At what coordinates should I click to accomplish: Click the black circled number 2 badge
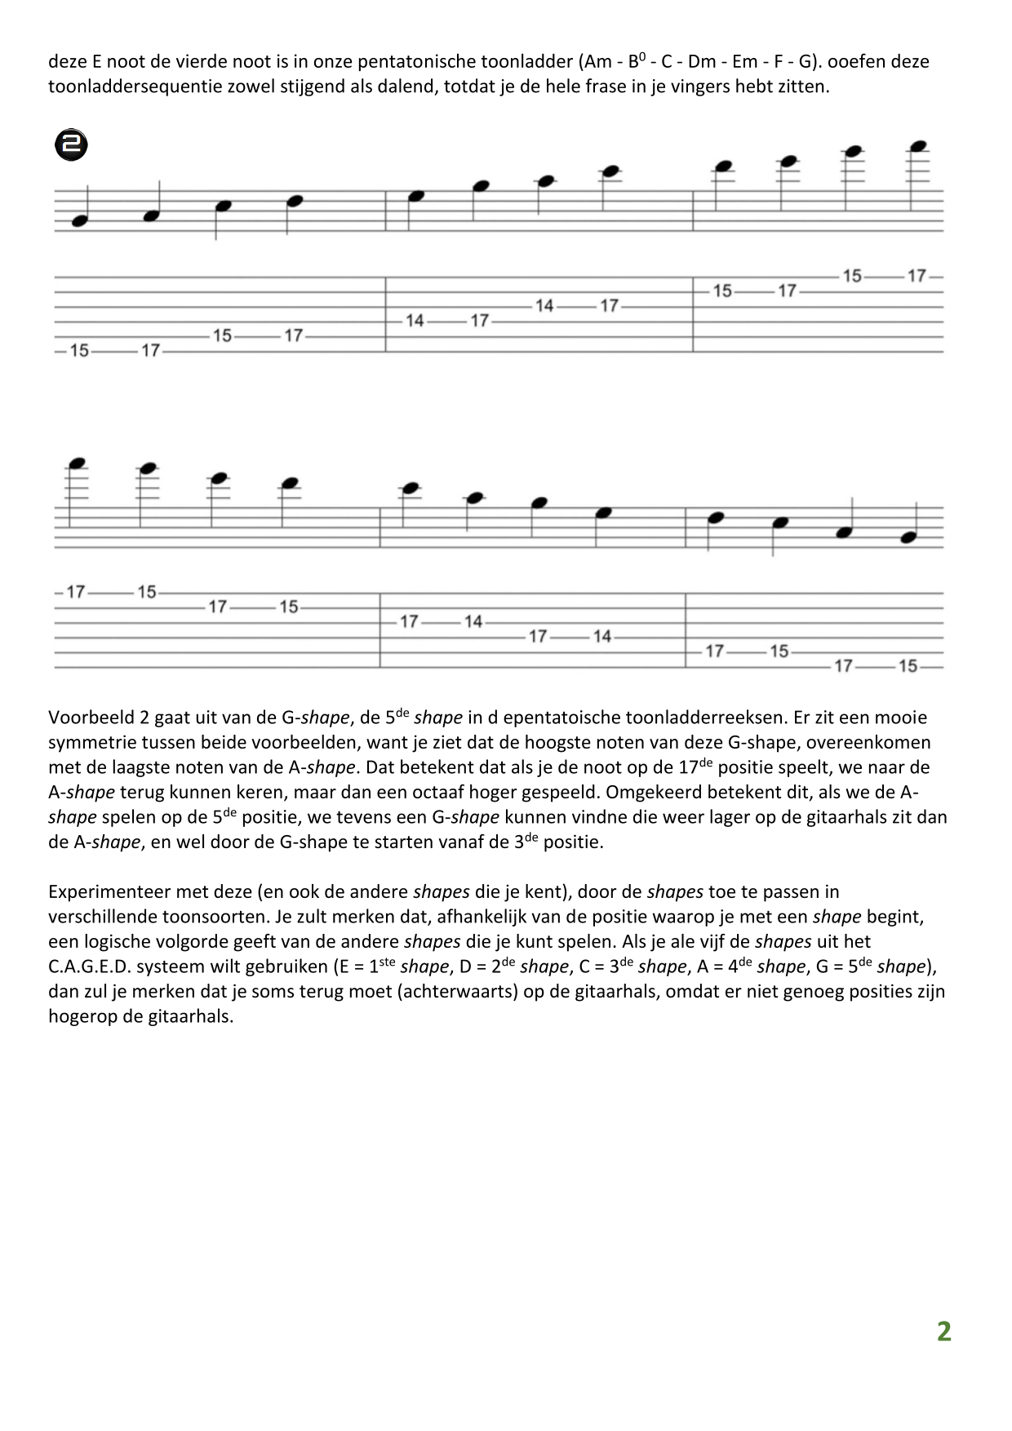click(x=71, y=146)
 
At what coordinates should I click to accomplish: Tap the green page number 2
click(x=943, y=1331)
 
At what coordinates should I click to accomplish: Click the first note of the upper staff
click(x=79, y=221)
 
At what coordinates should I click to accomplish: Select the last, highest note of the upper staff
click(x=918, y=147)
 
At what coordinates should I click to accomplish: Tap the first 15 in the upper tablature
click(x=79, y=350)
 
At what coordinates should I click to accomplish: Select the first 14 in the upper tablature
click(x=415, y=321)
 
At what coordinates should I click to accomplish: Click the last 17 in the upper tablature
click(x=917, y=276)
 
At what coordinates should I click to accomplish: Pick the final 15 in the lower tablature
click(x=908, y=666)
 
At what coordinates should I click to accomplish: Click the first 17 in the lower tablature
click(x=76, y=592)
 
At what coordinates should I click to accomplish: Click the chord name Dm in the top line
click(x=702, y=61)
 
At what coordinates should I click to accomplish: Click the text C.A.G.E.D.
click(x=86, y=967)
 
